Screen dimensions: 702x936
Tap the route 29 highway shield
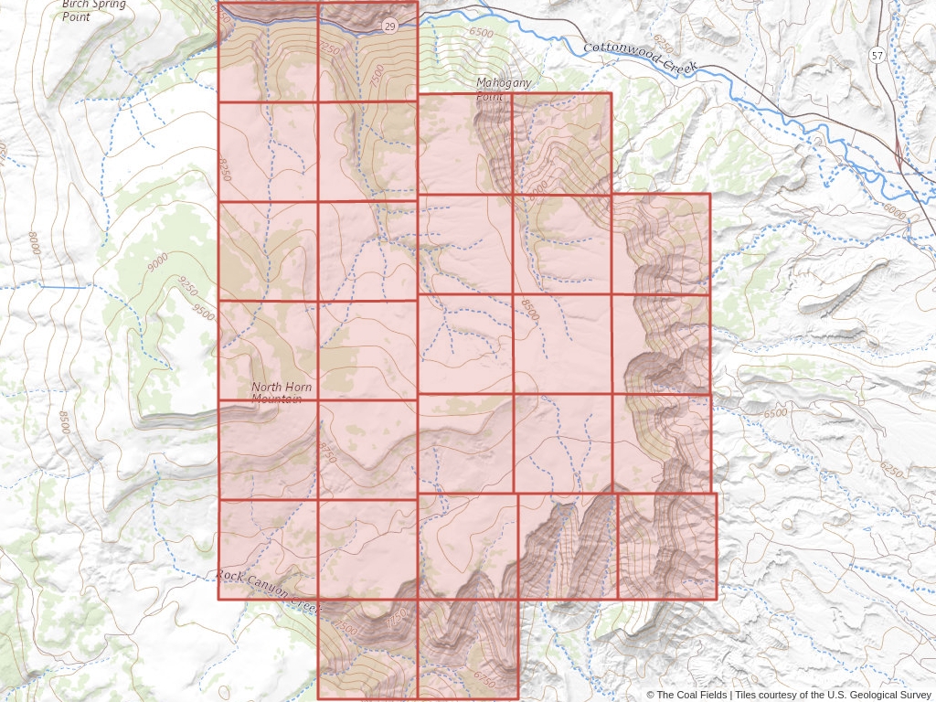click(390, 25)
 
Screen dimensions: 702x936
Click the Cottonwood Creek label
click(641, 59)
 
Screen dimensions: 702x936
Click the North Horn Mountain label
click(282, 393)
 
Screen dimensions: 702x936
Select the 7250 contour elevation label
click(331, 49)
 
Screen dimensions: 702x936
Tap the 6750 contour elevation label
click(485, 679)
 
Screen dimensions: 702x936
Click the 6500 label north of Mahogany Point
click(481, 33)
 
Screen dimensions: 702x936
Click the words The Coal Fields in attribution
click(692, 695)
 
